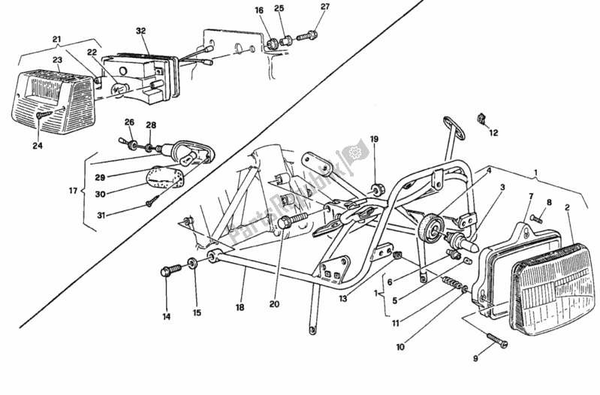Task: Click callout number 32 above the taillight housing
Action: (140, 31)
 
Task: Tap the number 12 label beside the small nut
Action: (493, 133)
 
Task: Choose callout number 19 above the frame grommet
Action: (374, 138)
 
